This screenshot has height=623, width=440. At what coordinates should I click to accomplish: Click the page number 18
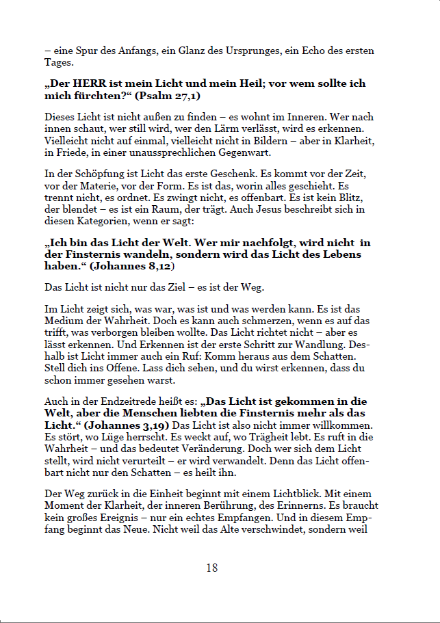212,568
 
